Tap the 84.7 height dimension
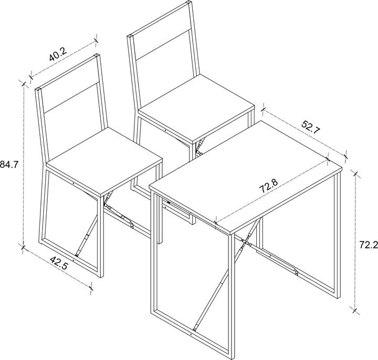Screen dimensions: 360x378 tap(9, 164)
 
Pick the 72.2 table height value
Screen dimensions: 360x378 tap(367, 244)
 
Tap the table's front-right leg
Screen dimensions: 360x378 tap(230, 294)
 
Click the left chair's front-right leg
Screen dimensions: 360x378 tap(100, 231)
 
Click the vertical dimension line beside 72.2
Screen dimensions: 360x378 tap(356, 241)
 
